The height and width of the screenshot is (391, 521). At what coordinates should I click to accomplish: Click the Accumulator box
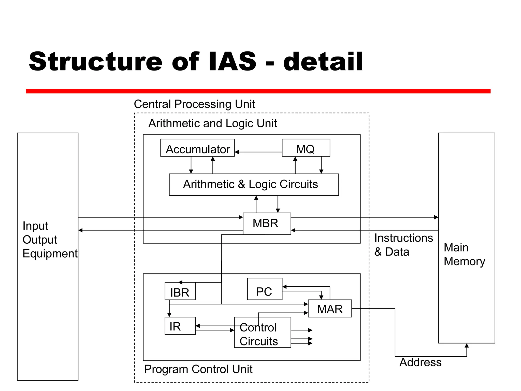pyautogui.click(x=197, y=148)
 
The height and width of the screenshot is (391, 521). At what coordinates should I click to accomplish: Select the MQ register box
pyautogui.click(x=306, y=148)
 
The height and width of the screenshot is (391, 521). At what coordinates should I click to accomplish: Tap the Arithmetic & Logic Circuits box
pyautogui.click(x=254, y=185)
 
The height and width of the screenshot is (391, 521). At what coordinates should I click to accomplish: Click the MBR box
pyautogui.click(x=267, y=224)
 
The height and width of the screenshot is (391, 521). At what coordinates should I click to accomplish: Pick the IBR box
pyautogui.click(x=180, y=291)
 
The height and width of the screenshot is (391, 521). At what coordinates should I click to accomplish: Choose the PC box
pyautogui.click(x=265, y=289)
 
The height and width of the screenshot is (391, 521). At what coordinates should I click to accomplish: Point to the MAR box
pyautogui.click(x=330, y=309)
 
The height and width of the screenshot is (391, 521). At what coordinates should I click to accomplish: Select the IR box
pyautogui.click(x=180, y=326)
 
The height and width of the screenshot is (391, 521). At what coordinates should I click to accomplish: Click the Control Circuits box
pyautogui.click(x=262, y=332)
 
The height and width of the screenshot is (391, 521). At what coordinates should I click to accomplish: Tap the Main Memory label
pyautogui.click(x=464, y=254)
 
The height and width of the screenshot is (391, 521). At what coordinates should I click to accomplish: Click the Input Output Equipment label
pyautogui.click(x=50, y=240)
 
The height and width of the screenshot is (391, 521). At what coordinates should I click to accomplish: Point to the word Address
pyautogui.click(x=420, y=362)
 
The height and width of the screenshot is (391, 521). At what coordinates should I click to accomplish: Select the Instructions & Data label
pyautogui.click(x=403, y=245)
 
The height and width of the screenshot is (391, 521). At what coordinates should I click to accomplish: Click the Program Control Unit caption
pyautogui.click(x=198, y=369)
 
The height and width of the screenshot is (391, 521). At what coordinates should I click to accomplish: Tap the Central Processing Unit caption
pyautogui.click(x=194, y=104)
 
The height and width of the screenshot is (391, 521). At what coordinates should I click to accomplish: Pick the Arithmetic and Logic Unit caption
pyautogui.click(x=212, y=123)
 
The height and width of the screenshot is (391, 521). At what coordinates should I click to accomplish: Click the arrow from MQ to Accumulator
pyautogui.click(x=258, y=152)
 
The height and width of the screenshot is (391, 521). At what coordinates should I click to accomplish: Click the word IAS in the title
pyautogui.click(x=232, y=62)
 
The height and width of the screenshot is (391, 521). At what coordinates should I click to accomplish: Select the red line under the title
pyautogui.click(x=258, y=91)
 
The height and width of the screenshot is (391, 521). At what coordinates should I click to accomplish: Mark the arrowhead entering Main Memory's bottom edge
pyautogui.click(x=467, y=346)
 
